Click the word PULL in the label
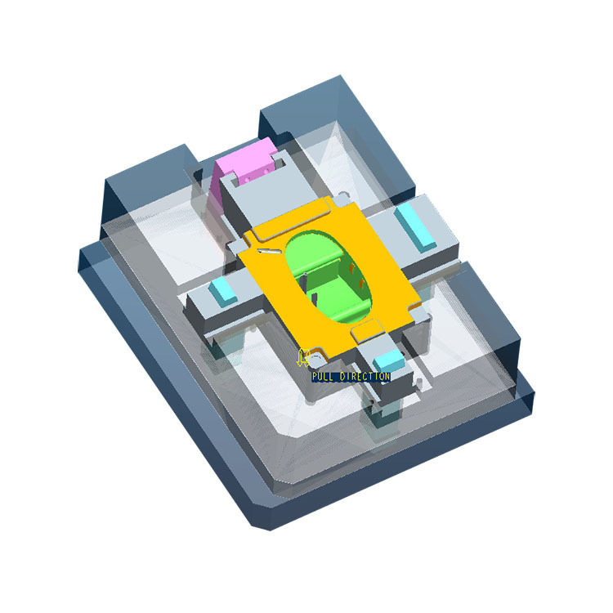point(323,377)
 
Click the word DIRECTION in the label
point(365,377)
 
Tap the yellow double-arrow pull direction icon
point(302,357)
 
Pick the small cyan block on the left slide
point(222,291)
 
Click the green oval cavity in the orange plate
point(328,276)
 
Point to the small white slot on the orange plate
point(269,252)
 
